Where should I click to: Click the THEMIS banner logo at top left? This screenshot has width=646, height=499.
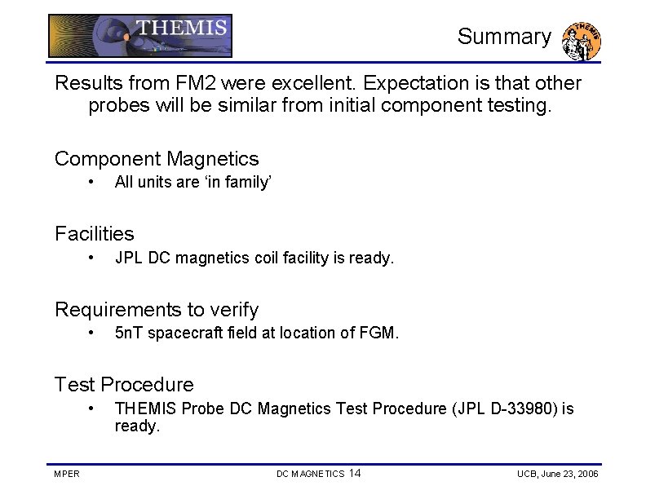pos(139,36)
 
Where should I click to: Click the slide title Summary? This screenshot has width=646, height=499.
pos(503,37)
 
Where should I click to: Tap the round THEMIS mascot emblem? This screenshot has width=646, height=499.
pos(582,41)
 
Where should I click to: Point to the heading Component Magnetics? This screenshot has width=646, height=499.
pos(156,159)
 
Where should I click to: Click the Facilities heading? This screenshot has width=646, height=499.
pos(94,234)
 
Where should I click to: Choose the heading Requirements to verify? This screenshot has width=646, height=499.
pos(156,310)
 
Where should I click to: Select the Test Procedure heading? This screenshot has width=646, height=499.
pos(124,385)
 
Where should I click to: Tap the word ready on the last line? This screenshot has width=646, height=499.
pos(136,426)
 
